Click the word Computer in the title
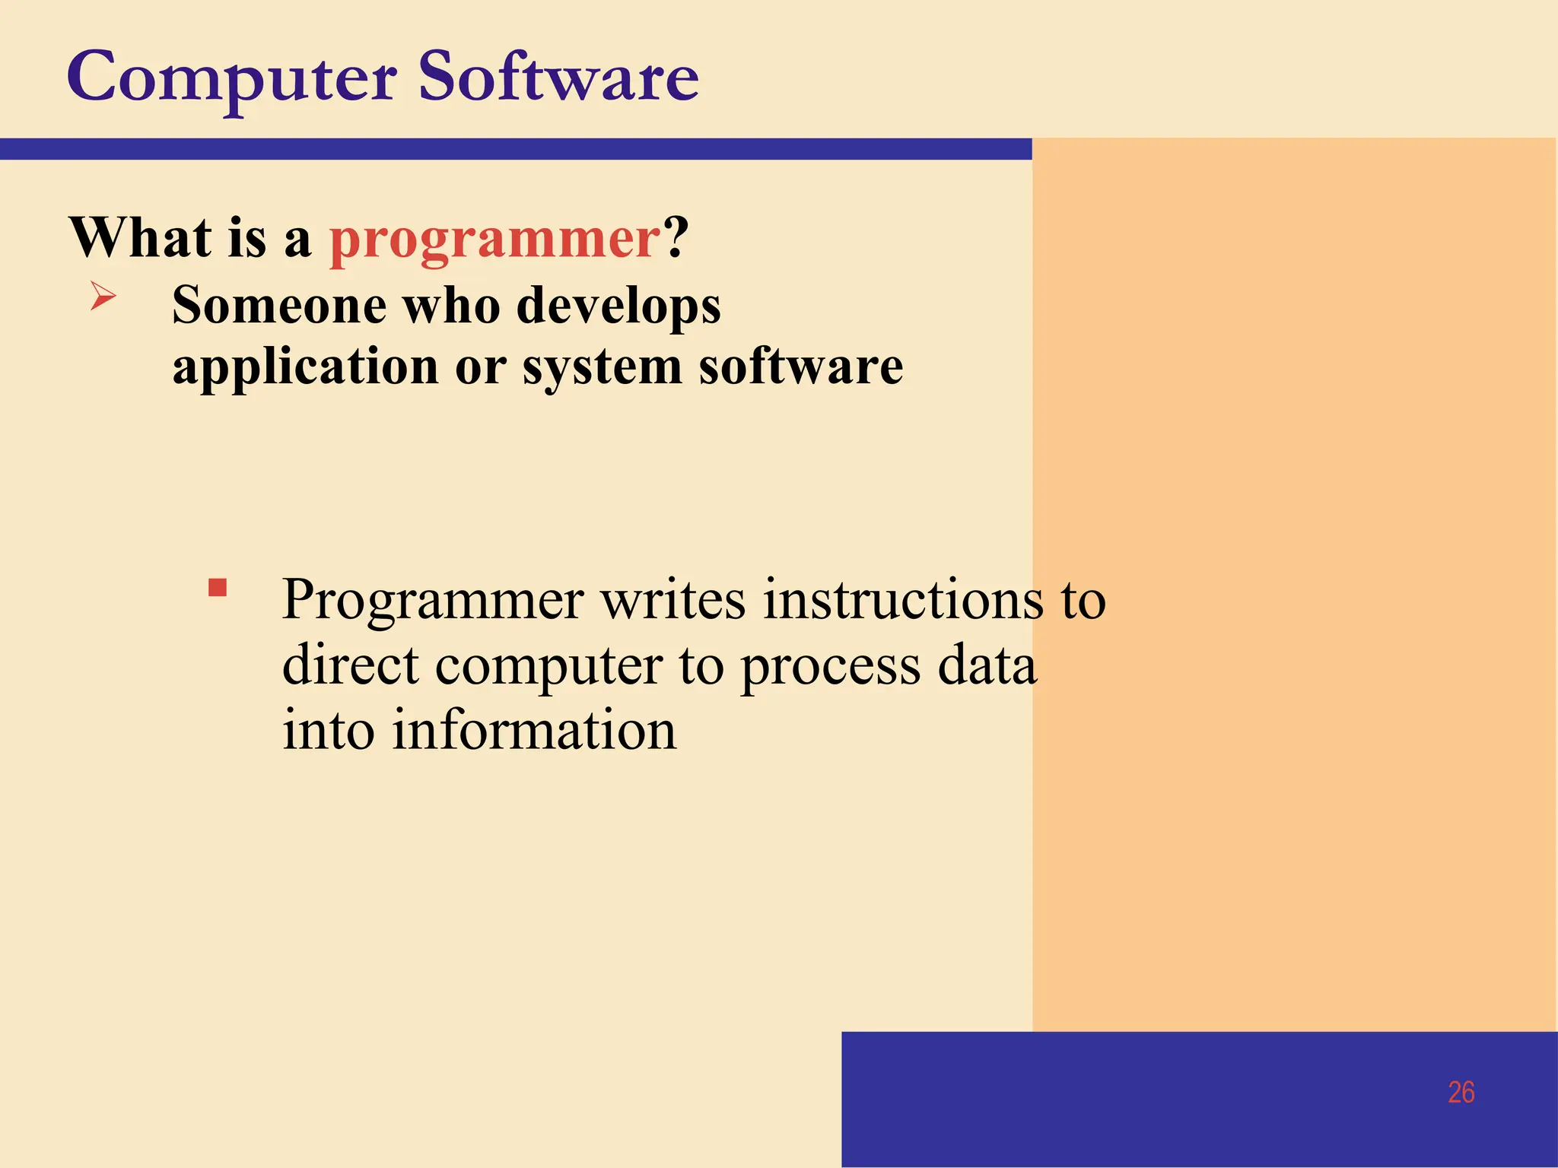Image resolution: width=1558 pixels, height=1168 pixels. [232, 78]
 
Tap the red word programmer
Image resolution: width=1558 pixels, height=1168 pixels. [494, 240]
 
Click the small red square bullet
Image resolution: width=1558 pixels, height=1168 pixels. [218, 588]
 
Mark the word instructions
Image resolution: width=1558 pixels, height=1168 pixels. [903, 601]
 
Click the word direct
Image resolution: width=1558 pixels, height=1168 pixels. [350, 665]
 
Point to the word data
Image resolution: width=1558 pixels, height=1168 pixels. [987, 665]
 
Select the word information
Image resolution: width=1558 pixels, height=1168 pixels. [533, 730]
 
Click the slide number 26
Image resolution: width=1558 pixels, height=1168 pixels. [1461, 1093]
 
